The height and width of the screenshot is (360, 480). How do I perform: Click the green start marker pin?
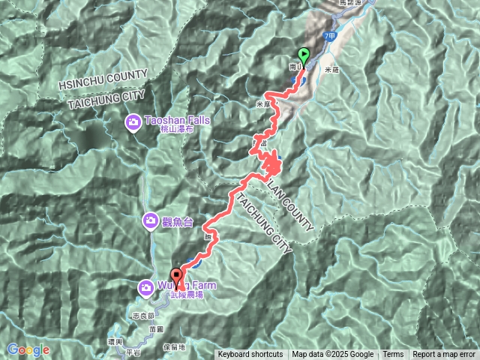(304, 55)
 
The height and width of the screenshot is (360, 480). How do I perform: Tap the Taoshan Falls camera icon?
(133, 121)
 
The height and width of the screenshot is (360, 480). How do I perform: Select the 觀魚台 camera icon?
(150, 220)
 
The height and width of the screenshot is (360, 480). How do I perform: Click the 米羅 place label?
(333, 68)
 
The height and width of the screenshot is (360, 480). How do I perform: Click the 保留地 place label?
(194, 348)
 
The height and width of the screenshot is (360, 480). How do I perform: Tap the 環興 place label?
(115, 341)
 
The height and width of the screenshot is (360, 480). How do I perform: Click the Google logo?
(28, 349)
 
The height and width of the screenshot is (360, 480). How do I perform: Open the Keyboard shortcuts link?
(250, 355)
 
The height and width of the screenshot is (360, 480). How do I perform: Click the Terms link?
(393, 355)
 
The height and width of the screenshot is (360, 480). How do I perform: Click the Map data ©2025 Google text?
(332, 355)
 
